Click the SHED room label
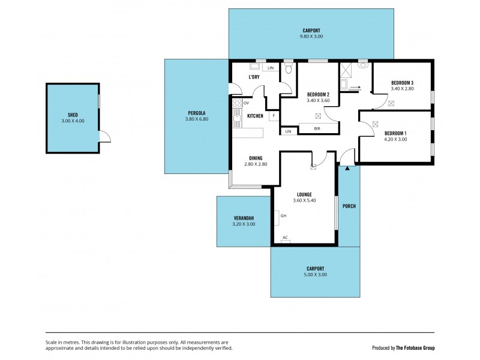[x=73, y=115]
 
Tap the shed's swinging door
[x=105, y=137]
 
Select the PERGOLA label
[x=196, y=113]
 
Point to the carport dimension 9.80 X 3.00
[x=311, y=37]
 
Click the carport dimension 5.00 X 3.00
[x=315, y=275]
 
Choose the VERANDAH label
[x=243, y=218]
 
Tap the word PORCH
[x=349, y=206]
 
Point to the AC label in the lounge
[x=285, y=238]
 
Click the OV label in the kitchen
[x=246, y=103]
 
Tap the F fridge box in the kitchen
[x=274, y=115]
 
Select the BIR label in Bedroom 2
[x=317, y=128]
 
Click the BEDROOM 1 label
[x=395, y=133]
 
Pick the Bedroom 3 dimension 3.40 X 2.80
[x=402, y=89]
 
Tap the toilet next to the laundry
[x=289, y=70]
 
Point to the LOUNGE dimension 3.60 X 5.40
[x=304, y=200]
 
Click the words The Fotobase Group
[x=415, y=348]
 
